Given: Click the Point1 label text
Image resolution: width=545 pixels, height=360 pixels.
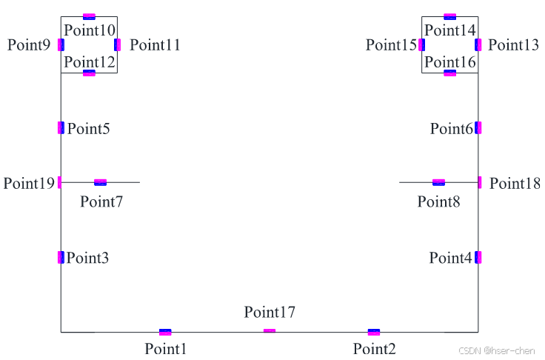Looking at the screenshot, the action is pyautogui.click(x=166, y=349).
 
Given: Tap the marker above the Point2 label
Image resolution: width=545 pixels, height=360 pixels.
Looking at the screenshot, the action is pyautogui.click(x=374, y=332).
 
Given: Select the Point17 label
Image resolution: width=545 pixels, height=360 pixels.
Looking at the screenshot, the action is pyautogui.click(x=270, y=313).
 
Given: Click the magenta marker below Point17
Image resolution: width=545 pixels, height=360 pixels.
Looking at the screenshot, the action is pyautogui.click(x=270, y=330).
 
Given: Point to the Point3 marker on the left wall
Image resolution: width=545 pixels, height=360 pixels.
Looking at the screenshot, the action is pyautogui.click(x=61, y=257).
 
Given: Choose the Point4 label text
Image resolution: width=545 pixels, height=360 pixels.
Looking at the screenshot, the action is pyautogui.click(x=450, y=258).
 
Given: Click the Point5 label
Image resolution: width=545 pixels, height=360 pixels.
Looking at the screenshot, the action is pyautogui.click(x=89, y=129).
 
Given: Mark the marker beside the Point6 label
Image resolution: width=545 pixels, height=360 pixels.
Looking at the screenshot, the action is pyautogui.click(x=478, y=127).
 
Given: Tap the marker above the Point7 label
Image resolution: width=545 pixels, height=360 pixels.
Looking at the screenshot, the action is pyautogui.click(x=101, y=182).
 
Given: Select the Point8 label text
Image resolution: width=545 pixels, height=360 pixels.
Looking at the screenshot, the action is pyautogui.click(x=438, y=201).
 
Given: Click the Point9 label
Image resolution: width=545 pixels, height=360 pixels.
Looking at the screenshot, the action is pyautogui.click(x=29, y=45).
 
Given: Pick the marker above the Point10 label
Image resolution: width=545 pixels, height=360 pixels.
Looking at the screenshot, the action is pyautogui.click(x=89, y=16).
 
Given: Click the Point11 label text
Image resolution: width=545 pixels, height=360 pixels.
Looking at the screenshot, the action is pyautogui.click(x=155, y=45).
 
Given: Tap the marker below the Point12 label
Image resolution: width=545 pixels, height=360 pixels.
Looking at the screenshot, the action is pyautogui.click(x=89, y=73).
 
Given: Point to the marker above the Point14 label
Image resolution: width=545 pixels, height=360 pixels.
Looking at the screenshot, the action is pyautogui.click(x=450, y=16).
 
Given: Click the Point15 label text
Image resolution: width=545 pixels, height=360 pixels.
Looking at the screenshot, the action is pyautogui.click(x=392, y=45).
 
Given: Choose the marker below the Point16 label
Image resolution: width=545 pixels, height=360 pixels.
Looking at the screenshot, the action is pyautogui.click(x=450, y=73).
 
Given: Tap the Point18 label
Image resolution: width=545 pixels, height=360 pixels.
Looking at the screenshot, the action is pyautogui.click(x=515, y=183).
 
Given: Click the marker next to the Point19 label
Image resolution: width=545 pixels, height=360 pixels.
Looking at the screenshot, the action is pyautogui.click(x=60, y=181).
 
